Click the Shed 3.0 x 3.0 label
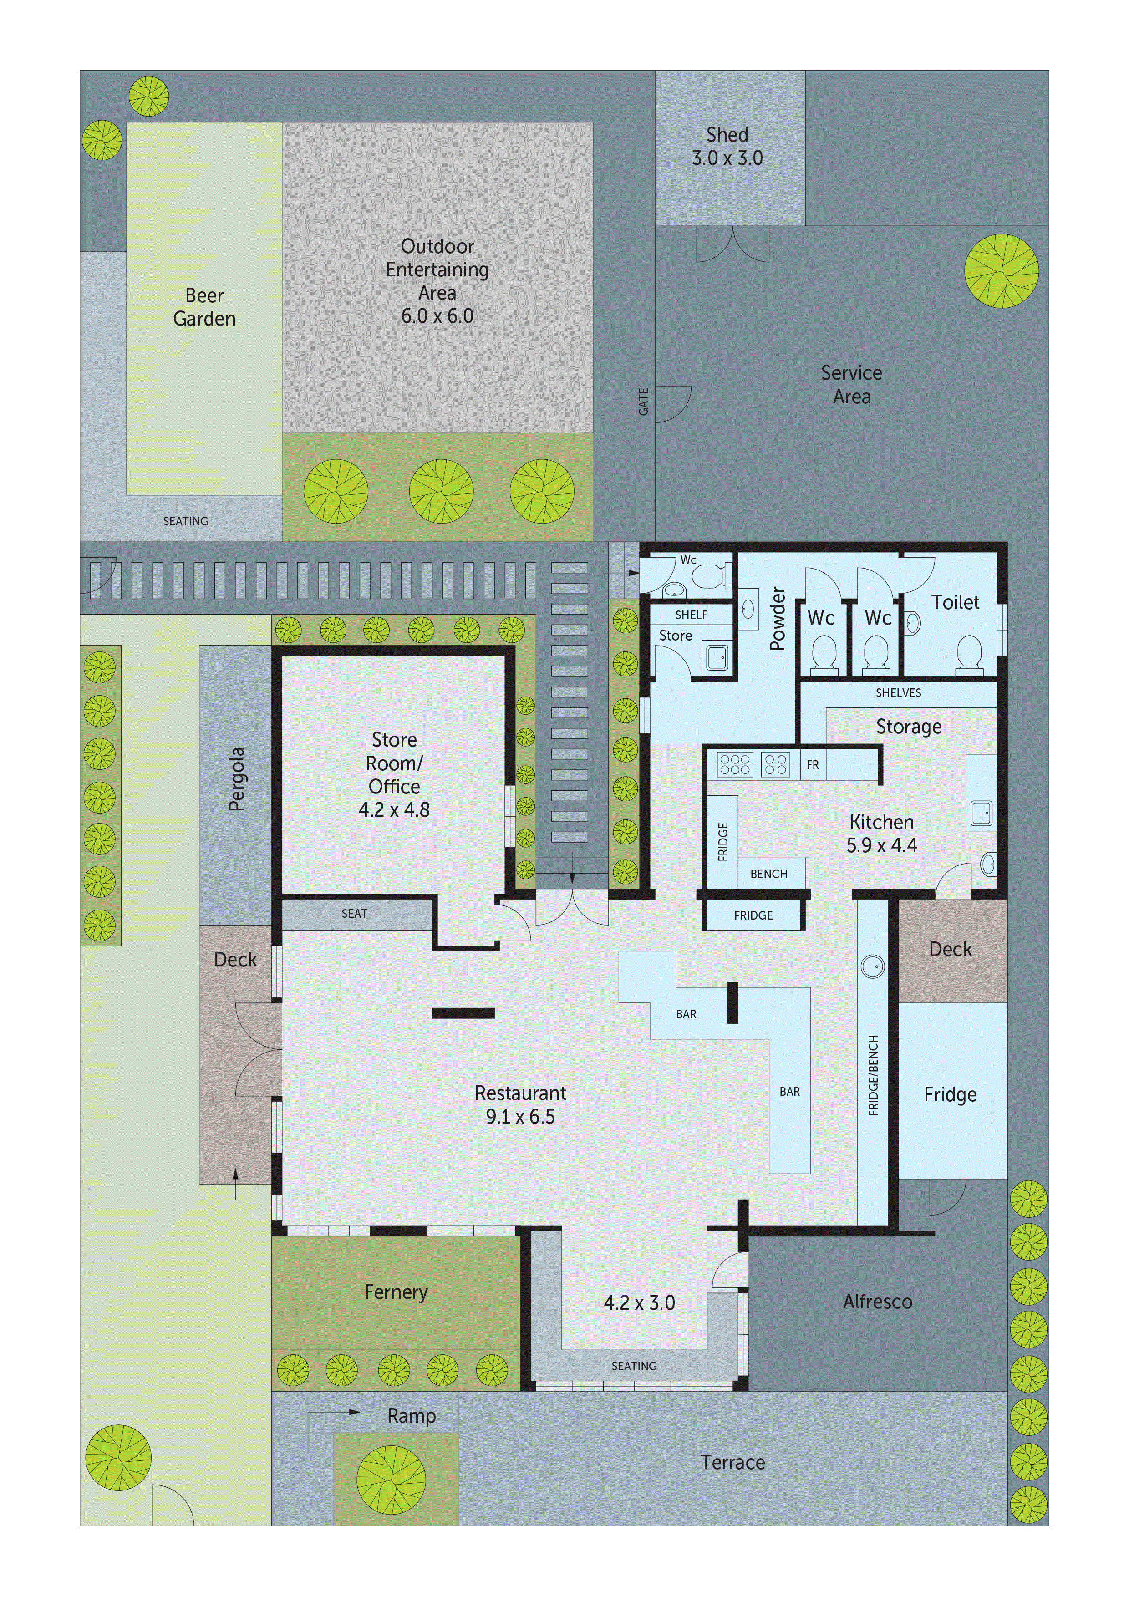pos(727,147)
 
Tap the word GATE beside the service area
pos(643,402)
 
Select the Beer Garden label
pos(204,307)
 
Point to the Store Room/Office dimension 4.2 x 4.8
pos(394,809)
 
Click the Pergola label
pos(237,779)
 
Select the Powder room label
pos(777,618)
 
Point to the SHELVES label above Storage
pos(898,693)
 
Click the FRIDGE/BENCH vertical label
pos(874,1075)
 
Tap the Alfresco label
pos(877,1302)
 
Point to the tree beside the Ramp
pos(391,1480)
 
